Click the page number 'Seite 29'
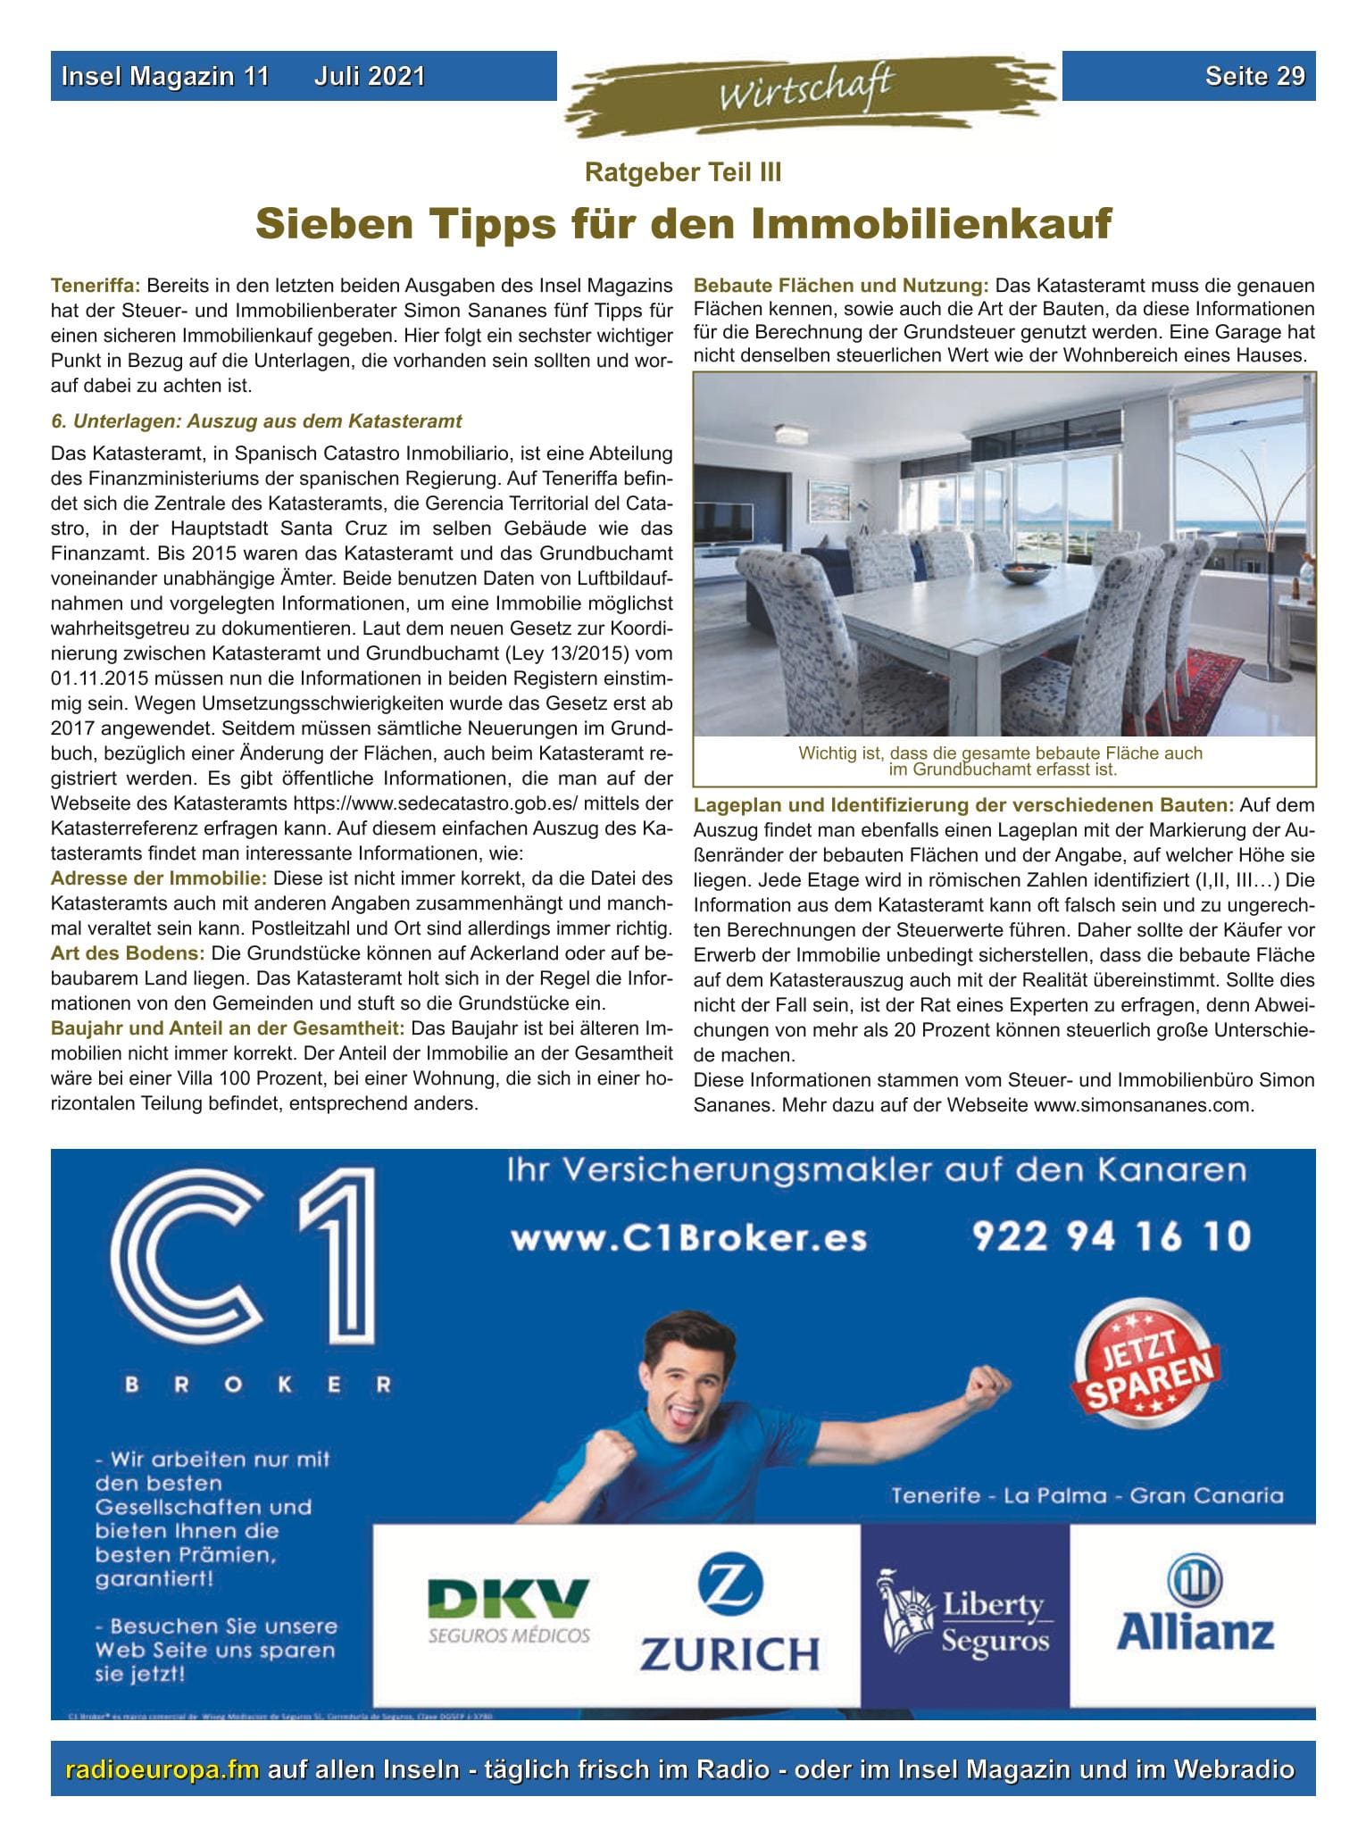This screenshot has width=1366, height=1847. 1254,77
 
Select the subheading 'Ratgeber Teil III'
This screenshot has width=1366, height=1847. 683,172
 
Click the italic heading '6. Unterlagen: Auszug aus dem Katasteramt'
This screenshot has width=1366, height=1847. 257,420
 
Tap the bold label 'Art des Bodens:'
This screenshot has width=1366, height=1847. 128,953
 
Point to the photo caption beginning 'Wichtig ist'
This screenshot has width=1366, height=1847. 1001,761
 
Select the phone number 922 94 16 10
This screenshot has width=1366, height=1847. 1112,1237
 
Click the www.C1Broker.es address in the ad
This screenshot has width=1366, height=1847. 688,1239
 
